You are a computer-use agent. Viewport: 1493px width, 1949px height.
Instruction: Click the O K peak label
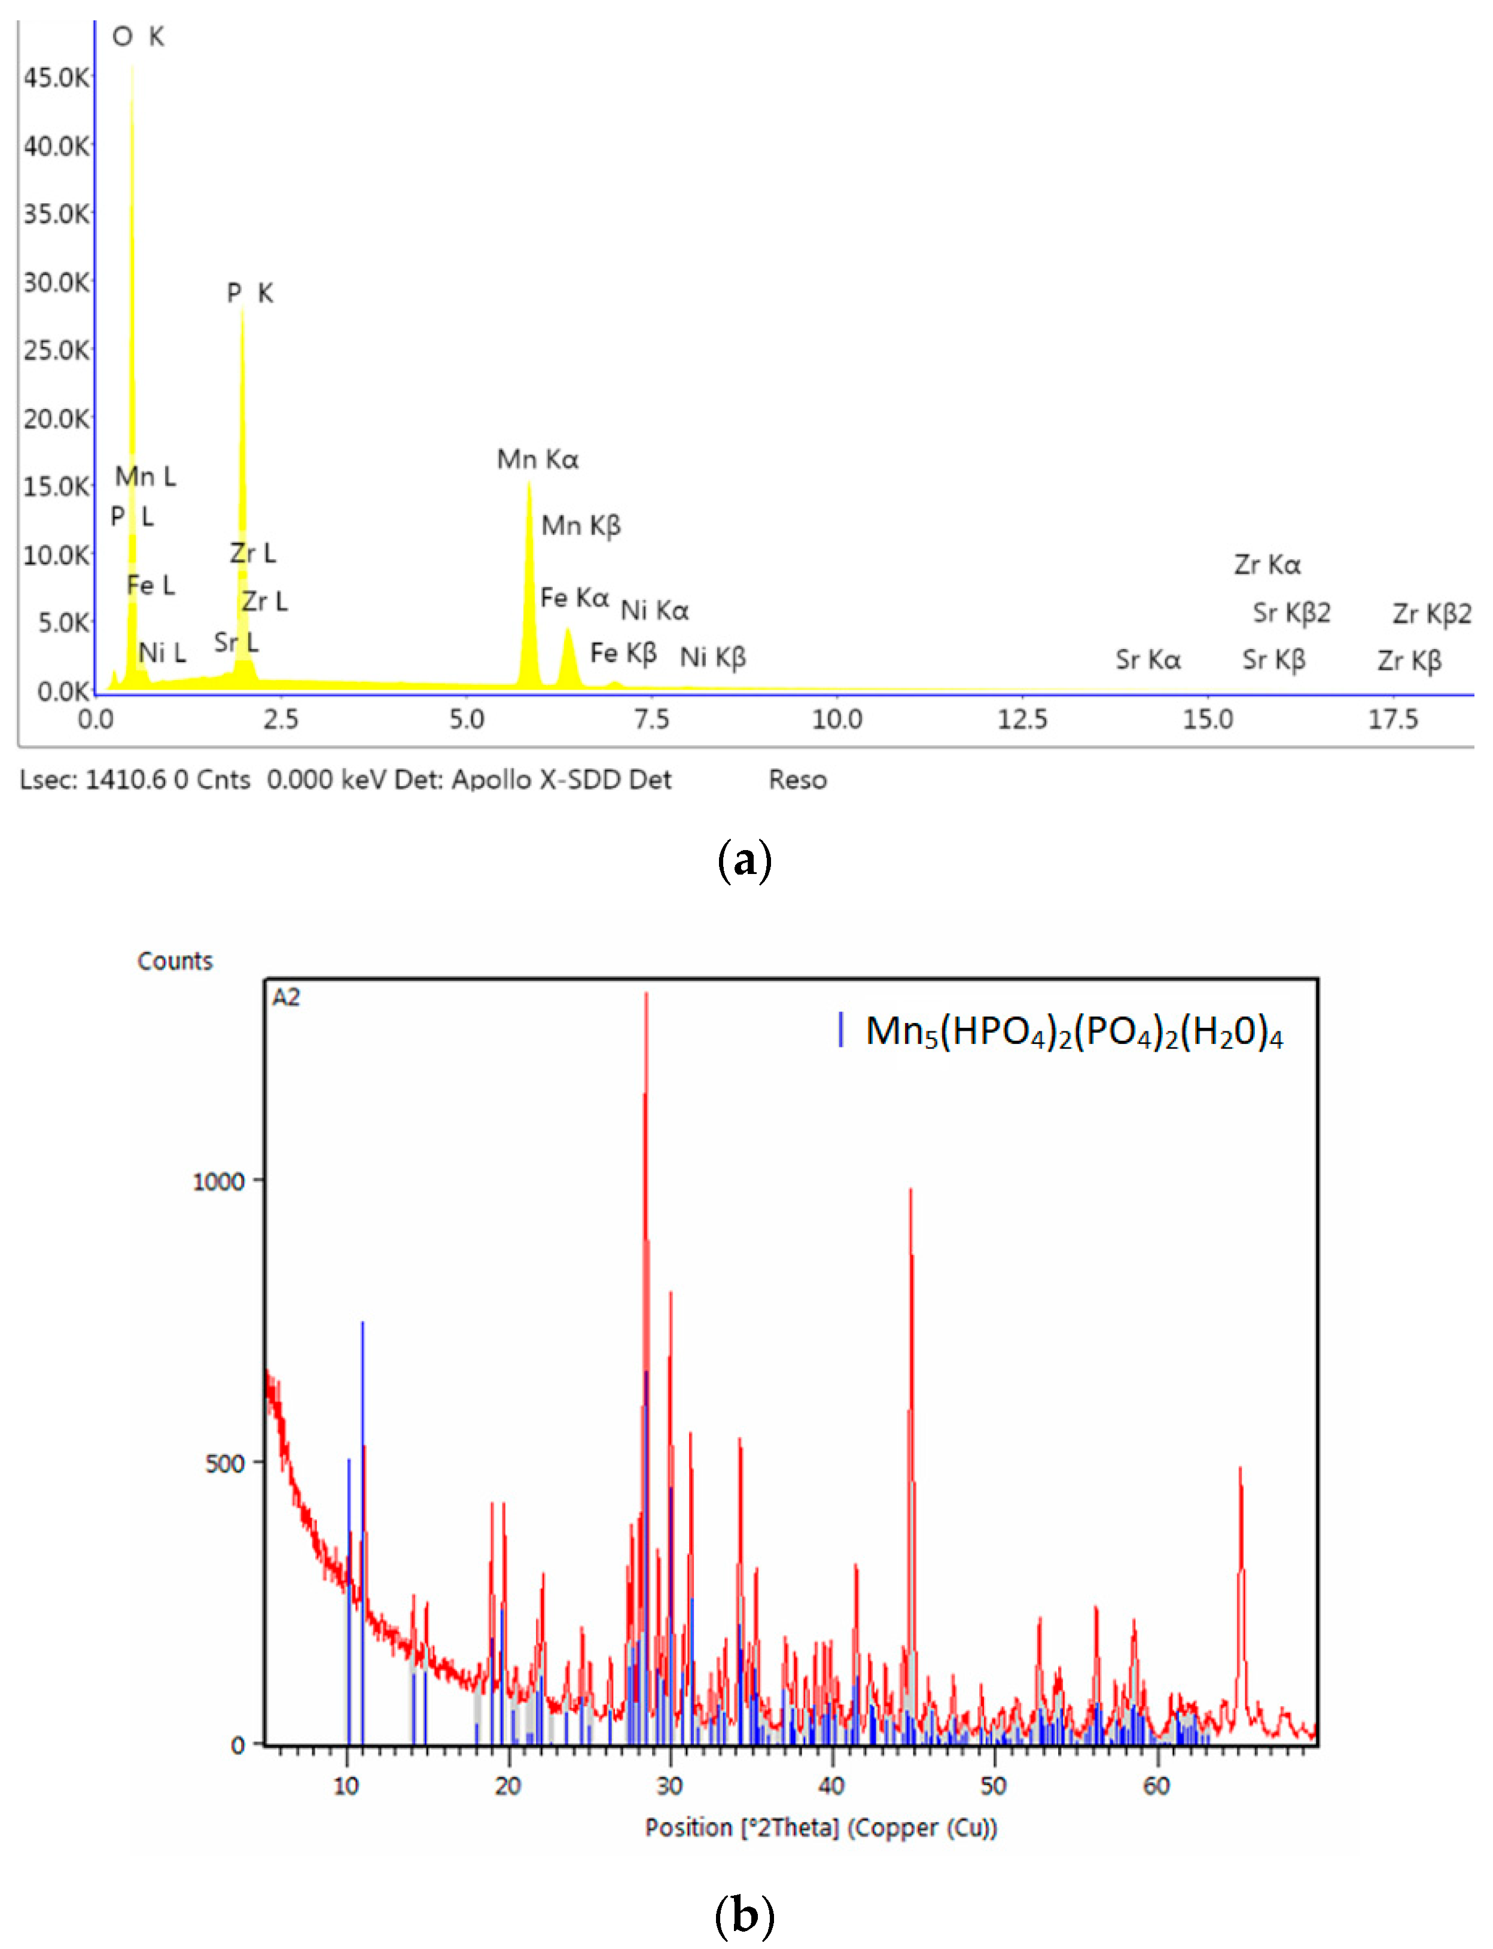(138, 36)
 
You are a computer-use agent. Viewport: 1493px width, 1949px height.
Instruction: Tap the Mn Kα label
(538, 459)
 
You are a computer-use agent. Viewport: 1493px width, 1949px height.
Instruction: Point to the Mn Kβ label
(581, 525)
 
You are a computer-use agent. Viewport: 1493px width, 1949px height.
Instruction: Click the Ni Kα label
(654, 611)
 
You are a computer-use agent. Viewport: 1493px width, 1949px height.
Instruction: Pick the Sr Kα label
(1148, 659)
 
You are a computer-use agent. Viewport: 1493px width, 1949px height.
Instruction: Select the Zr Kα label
(1267, 564)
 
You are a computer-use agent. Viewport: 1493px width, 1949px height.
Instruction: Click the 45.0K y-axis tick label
(56, 78)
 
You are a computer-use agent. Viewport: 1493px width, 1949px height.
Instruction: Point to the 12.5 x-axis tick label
(1022, 719)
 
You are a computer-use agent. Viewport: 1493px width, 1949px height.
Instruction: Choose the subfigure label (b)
(745, 1915)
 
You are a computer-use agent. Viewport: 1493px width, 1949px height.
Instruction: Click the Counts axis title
(175, 961)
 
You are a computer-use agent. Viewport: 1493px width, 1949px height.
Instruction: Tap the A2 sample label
(286, 997)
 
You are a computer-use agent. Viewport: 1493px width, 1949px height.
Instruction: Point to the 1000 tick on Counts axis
(218, 1181)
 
